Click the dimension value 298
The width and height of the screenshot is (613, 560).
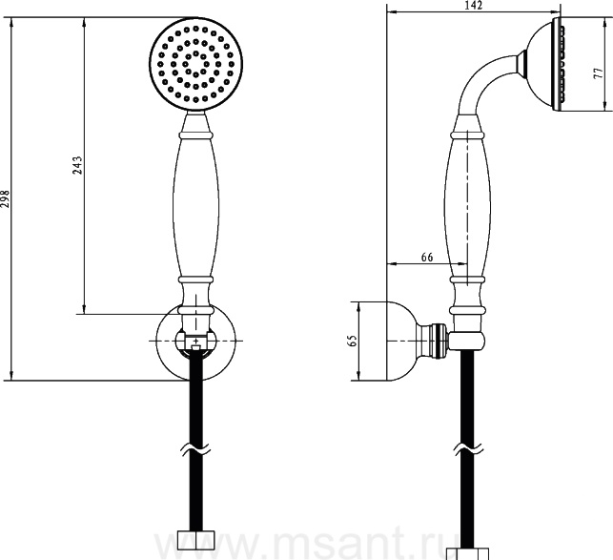click(5, 199)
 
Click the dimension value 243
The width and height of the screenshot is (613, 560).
click(77, 165)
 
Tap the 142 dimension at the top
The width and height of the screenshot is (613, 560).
click(474, 5)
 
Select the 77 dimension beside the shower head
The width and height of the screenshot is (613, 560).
click(598, 73)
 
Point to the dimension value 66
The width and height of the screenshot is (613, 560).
click(427, 258)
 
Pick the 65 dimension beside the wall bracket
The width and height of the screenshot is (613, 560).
click(352, 341)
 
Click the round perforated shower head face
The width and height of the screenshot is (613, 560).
click(195, 64)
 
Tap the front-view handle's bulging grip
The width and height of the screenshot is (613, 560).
click(195, 208)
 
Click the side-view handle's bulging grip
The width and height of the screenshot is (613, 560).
click(467, 208)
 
